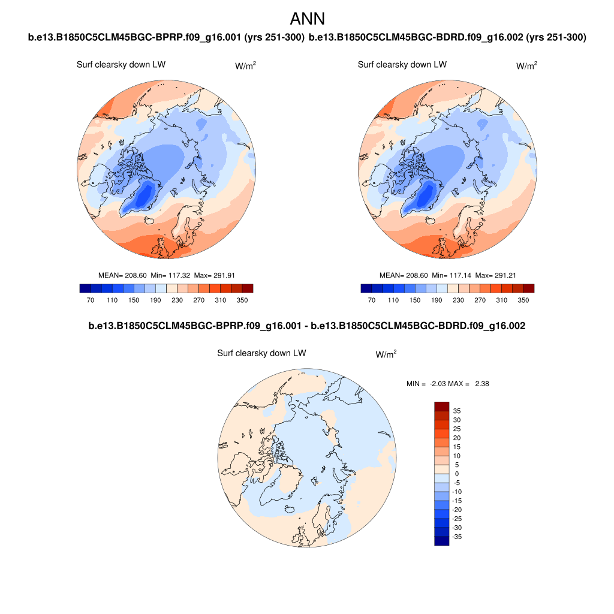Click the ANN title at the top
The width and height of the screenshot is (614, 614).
(x=307, y=19)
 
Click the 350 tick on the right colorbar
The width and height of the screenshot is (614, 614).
(x=523, y=300)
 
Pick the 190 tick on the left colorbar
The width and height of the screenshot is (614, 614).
(x=155, y=300)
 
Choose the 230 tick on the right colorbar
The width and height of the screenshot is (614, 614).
(x=458, y=300)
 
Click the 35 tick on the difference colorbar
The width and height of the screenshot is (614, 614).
(x=457, y=411)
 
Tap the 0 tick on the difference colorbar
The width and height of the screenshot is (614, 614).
(x=457, y=474)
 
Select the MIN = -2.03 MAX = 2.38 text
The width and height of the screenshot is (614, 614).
(x=447, y=384)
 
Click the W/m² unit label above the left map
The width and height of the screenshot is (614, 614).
(x=245, y=66)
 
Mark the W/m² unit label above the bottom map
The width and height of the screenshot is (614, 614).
(x=386, y=354)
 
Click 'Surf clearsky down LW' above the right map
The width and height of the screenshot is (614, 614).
(x=402, y=65)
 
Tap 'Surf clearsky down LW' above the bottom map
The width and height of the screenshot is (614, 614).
(x=261, y=354)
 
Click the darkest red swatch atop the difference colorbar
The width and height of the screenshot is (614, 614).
(x=441, y=406)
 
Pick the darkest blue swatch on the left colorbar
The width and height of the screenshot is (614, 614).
(x=85, y=288)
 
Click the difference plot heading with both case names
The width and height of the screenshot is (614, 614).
(x=307, y=326)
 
